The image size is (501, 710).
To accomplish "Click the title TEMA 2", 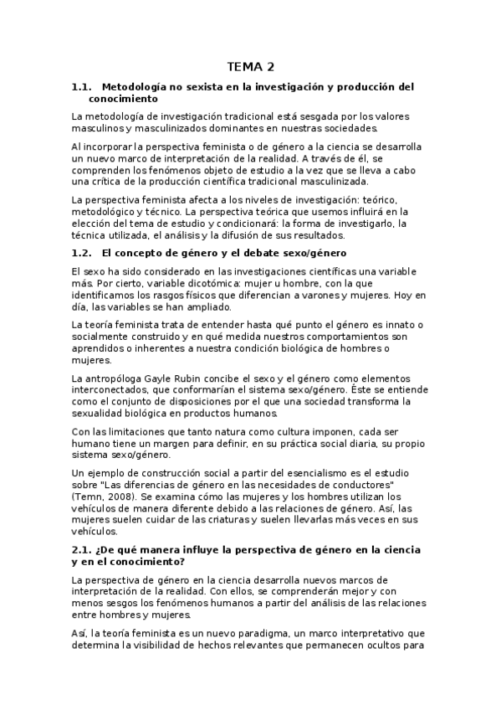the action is (250, 66).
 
